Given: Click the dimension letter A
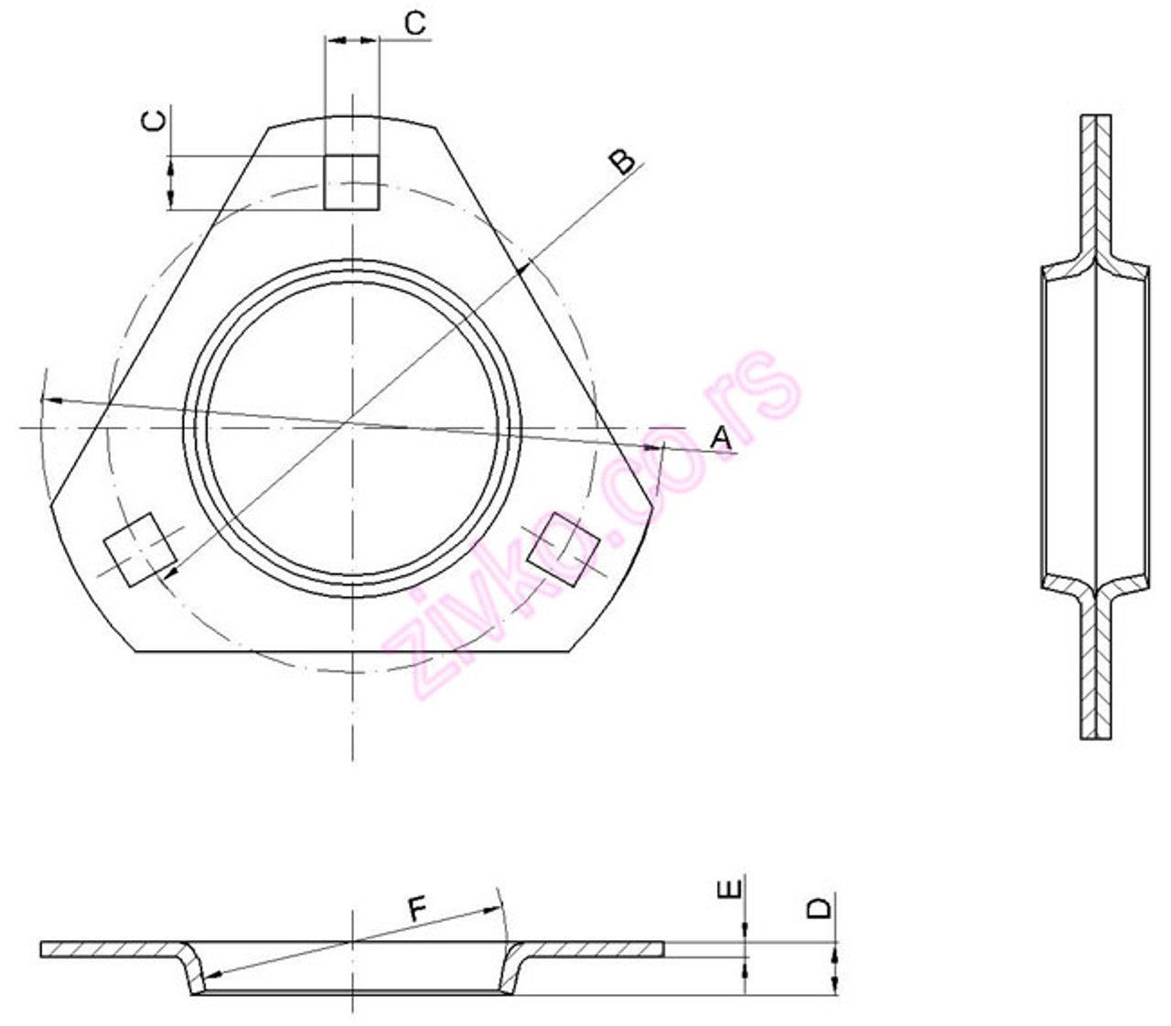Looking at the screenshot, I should coord(722,438).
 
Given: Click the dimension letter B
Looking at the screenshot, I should coord(622,161).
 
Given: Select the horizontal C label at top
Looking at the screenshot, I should coord(414,23).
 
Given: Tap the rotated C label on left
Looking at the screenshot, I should coord(156,121).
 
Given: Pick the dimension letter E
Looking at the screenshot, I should coord(729,890).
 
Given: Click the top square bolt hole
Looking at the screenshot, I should coord(351,182).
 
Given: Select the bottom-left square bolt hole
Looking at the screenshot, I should coord(140,549).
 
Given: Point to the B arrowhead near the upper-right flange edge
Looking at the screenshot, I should coord(522,269).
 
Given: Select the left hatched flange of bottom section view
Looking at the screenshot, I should coord(110,950).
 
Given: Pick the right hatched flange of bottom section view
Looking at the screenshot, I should coord(595,950).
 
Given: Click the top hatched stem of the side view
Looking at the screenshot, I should coord(1096,183).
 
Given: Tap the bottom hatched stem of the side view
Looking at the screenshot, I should coord(1096,677).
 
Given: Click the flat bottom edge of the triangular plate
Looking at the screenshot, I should coord(352,651).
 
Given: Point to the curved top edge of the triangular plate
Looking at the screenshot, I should coord(352,116).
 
